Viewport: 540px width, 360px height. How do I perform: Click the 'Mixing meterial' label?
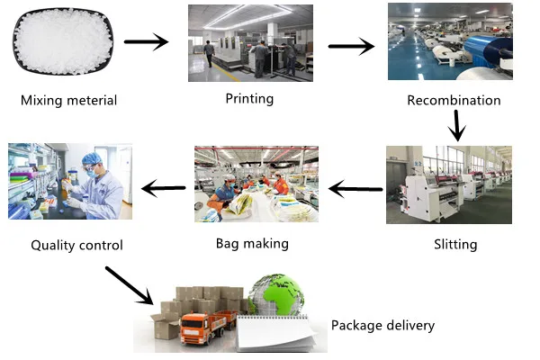(x=68, y=100)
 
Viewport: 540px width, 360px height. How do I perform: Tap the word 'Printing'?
(x=248, y=98)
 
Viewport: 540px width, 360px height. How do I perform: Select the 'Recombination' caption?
(x=454, y=100)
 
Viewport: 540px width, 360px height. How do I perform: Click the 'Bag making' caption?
(x=252, y=243)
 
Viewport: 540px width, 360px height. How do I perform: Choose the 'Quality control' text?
(x=76, y=245)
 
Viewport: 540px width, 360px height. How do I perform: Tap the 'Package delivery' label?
(x=382, y=325)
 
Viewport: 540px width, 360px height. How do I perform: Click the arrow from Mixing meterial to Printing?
(x=146, y=41)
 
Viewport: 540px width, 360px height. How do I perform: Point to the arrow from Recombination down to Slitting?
(x=458, y=125)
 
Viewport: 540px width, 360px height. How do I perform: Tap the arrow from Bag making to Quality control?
(x=164, y=189)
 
